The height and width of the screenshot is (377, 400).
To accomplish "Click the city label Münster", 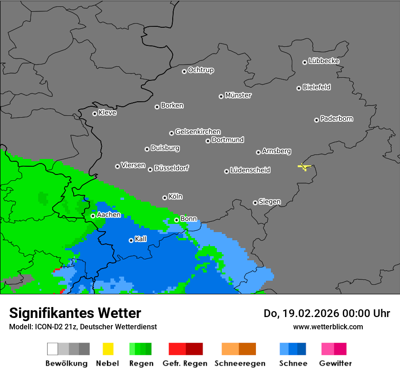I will (x=238, y=95).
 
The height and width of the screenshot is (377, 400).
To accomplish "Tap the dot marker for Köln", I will (x=165, y=198).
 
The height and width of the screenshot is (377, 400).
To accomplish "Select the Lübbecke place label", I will (x=324, y=61).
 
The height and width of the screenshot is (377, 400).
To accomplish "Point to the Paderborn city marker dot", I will (x=316, y=120).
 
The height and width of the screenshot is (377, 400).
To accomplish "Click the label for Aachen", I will (x=109, y=215).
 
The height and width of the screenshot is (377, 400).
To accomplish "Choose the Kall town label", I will (x=141, y=239).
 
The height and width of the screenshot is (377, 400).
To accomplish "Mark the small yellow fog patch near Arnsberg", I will (x=304, y=167).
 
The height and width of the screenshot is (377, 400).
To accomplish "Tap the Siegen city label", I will (x=270, y=202).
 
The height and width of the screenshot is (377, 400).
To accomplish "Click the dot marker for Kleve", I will (x=95, y=114).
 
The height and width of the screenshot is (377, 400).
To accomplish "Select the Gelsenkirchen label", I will (x=198, y=132).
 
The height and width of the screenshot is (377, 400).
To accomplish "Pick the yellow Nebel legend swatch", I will (x=108, y=349).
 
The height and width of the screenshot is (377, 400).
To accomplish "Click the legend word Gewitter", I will (x=335, y=363).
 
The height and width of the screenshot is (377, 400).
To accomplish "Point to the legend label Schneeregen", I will (x=239, y=363).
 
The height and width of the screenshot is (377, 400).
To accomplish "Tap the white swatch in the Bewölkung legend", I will (x=53, y=349).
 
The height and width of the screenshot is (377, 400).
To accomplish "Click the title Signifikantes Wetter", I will (x=75, y=313).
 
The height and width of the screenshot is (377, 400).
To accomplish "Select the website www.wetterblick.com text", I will (x=328, y=327).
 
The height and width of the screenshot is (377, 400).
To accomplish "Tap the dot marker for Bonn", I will (x=176, y=220).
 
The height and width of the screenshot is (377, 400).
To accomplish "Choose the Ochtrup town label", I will (x=201, y=70).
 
